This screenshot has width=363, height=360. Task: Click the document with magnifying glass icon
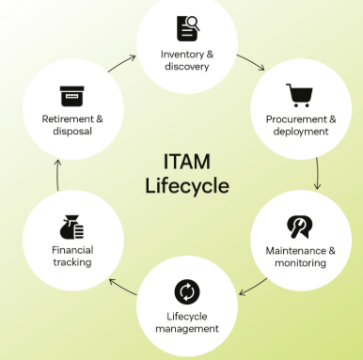click(188, 28)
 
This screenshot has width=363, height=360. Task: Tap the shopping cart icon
click(300, 95)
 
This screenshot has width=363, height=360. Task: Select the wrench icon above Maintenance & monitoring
click(300, 227)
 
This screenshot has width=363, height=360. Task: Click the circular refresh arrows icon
click(187, 291)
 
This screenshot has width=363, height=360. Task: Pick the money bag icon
click(72, 227)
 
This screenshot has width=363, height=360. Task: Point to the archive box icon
click(72, 96)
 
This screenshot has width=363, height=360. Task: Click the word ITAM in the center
click(187, 162)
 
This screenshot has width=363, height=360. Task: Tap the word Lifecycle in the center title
click(187, 185)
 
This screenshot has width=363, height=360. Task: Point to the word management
click(187, 329)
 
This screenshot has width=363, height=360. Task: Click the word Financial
click(72, 250)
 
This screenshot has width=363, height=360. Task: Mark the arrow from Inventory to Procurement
click(251, 61)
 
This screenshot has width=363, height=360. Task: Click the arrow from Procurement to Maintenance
click(318, 173)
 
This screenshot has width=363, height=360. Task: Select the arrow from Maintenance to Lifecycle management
click(253, 288)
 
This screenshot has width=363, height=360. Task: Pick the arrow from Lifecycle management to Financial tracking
click(122, 287)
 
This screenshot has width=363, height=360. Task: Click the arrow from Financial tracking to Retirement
click(57, 175)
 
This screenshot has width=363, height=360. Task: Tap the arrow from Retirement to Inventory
click(122, 63)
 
